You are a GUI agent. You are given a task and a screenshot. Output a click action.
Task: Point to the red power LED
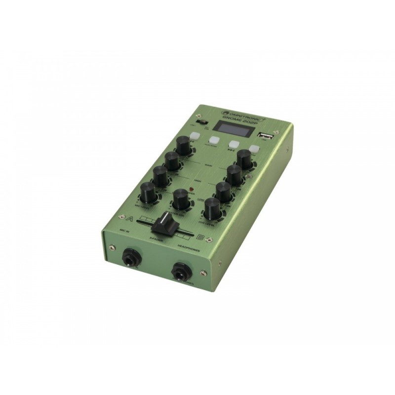tap(191, 189)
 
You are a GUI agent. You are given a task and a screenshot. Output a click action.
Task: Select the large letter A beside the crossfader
tap(130, 218)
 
